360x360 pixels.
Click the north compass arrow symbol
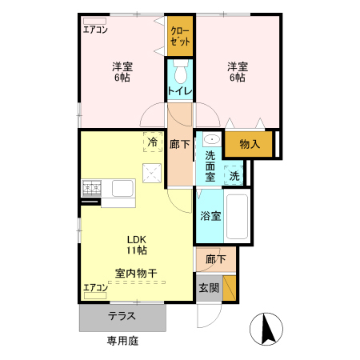pos(266,329)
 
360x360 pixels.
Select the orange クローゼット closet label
pos(180,36)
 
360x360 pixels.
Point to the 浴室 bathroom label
pos(210,215)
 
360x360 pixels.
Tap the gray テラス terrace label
pos(122,316)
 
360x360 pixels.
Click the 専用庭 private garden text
pos(122,341)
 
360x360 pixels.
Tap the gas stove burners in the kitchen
pos(90,189)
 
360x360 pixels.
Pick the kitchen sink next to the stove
pos(122,189)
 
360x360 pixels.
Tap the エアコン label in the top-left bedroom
pos(95,30)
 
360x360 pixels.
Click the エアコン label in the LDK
pos(95,287)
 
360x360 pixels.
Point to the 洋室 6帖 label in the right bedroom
pos(236,72)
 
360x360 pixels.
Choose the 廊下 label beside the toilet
pos(180,145)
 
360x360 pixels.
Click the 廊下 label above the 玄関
pos(215,259)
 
